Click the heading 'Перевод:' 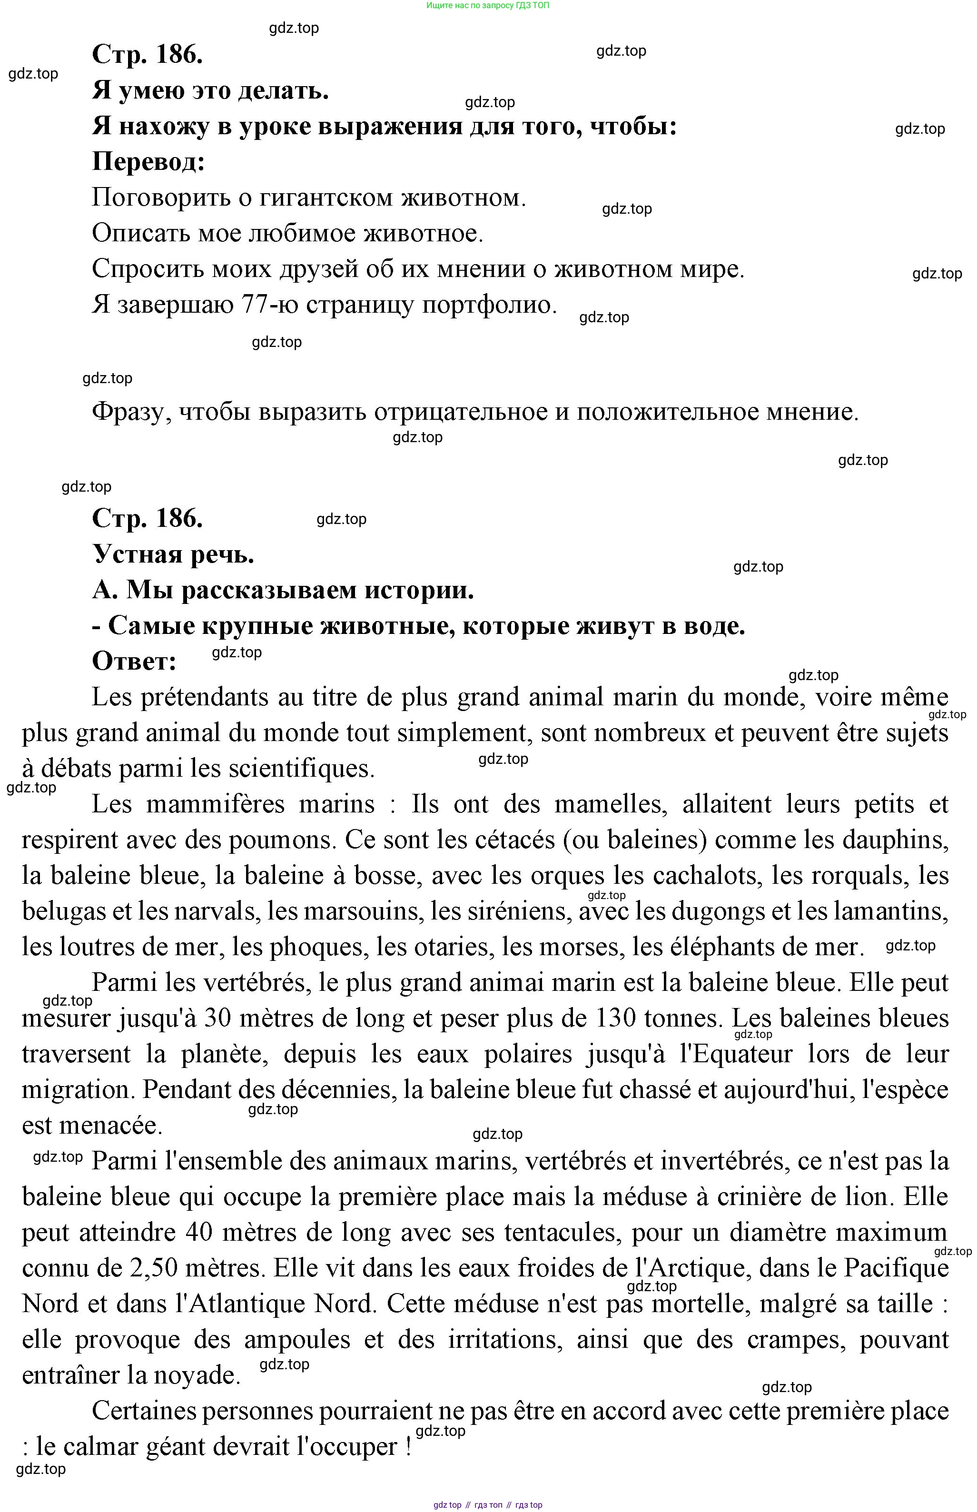(148, 162)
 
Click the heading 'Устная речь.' (173, 554)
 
